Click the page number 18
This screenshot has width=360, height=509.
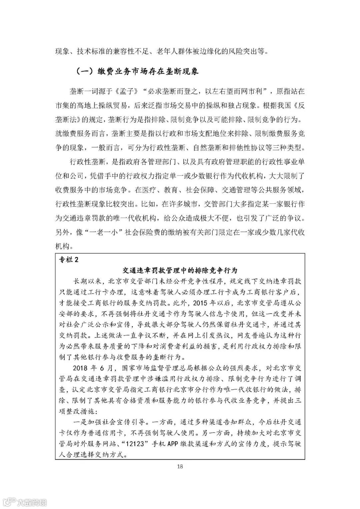[180, 466]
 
